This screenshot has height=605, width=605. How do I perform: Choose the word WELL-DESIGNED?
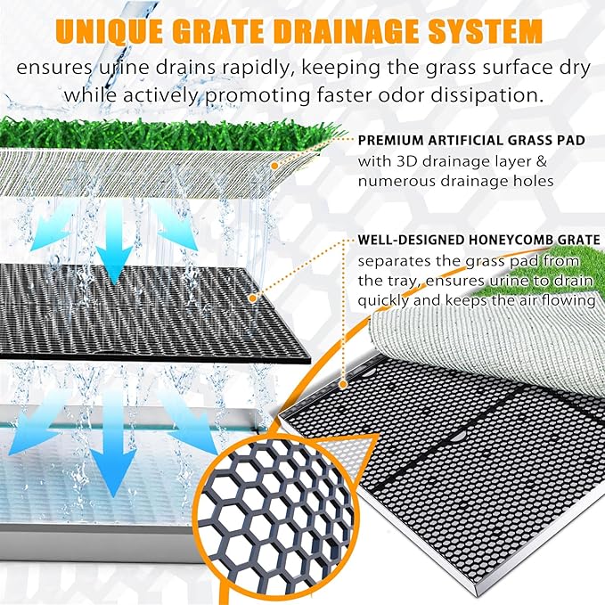[411, 240]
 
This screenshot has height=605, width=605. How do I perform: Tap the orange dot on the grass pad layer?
[274, 166]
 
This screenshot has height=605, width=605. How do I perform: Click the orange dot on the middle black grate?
[253, 298]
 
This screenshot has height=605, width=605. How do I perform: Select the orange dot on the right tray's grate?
[343, 384]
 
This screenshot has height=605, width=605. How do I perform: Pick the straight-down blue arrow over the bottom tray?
[113, 443]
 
